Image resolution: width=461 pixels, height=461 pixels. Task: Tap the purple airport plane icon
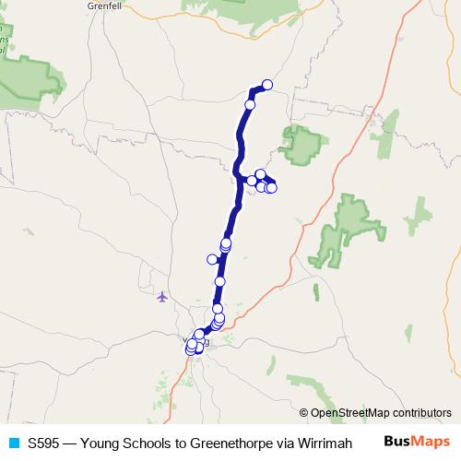point(163,297)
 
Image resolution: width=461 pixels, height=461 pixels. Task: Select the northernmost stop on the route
point(267,85)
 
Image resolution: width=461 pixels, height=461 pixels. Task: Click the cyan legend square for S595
point(13,443)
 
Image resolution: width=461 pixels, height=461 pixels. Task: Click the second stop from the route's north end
point(250,105)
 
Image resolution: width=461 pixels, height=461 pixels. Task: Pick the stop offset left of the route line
point(212,259)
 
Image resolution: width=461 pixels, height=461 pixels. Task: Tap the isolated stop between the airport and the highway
point(219,281)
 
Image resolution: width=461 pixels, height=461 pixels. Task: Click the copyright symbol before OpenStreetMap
point(303,413)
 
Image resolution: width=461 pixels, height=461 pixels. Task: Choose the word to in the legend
point(164,443)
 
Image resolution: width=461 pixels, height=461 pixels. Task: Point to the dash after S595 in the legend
point(67,443)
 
